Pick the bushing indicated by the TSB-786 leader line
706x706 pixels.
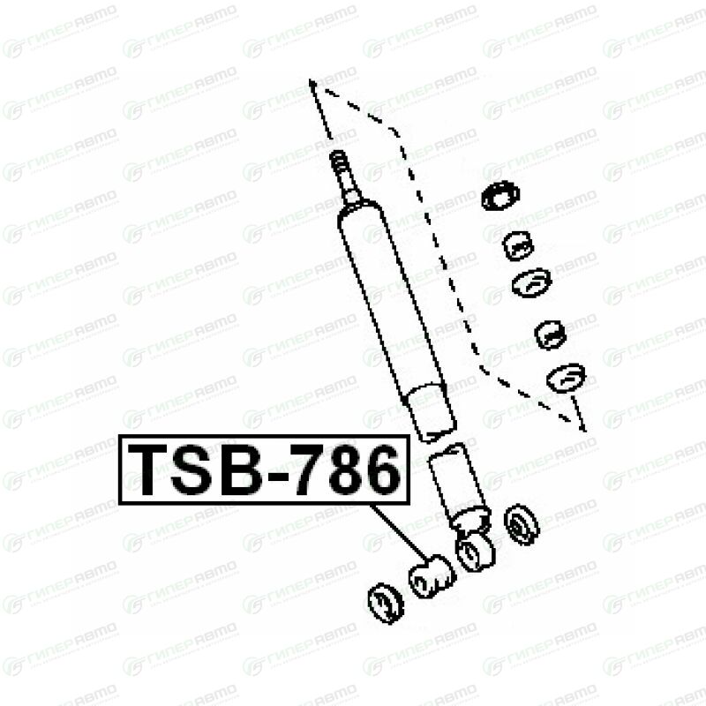[431, 575]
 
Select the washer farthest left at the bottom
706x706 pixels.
[385, 603]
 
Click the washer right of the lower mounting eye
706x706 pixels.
[522, 524]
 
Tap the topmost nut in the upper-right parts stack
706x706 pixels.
[500, 196]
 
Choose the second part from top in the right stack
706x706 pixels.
[519, 245]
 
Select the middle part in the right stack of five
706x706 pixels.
[531, 284]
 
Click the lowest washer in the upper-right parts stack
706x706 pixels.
[566, 377]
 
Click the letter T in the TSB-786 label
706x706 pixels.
[151, 469]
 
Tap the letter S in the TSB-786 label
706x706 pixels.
[195, 469]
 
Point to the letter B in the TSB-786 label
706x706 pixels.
[241, 469]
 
